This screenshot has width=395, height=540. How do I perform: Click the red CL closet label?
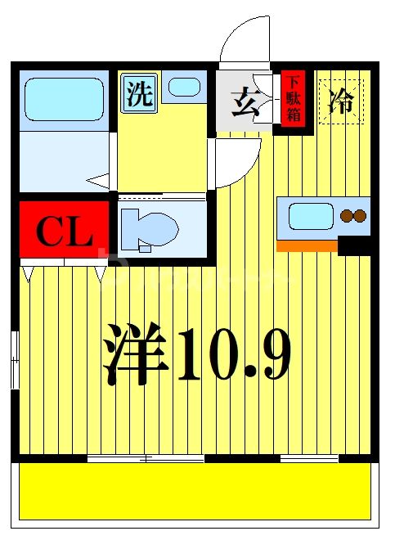(64, 232)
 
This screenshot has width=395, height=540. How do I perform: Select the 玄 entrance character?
(244, 105)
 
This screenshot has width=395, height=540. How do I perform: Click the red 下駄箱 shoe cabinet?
(293, 99)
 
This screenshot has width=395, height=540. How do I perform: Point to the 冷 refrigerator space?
(341, 101)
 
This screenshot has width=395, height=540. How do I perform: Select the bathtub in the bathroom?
(63, 101)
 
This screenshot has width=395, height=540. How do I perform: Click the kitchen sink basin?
(310, 217)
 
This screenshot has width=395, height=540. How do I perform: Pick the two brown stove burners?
(353, 217)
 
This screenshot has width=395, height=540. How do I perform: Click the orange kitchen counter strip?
(307, 245)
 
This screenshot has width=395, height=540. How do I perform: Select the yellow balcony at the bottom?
(196, 491)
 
